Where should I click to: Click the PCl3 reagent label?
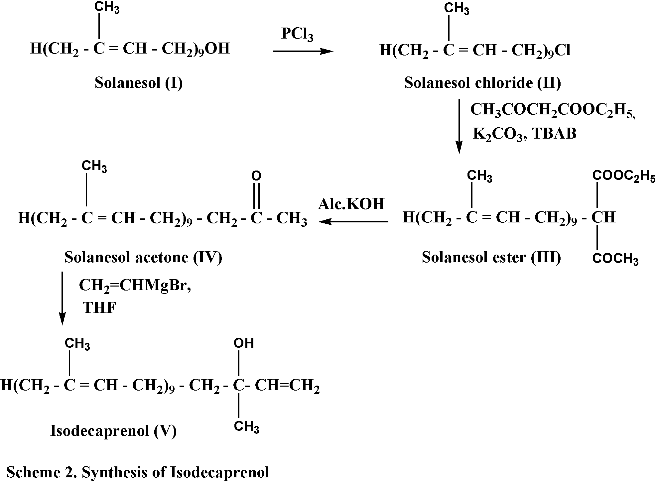tap(297, 35)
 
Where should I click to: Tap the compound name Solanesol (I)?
tap(139, 83)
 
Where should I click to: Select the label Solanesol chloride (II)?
tap(482, 83)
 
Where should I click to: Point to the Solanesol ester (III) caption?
tap(491, 257)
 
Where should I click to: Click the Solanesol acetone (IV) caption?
tap(143, 257)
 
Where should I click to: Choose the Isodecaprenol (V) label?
tap(113, 431)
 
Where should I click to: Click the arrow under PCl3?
tap(303, 51)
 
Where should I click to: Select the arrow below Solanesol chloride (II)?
tap(459, 126)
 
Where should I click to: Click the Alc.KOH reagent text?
tap(351, 204)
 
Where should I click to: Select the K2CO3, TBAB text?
tap(524, 134)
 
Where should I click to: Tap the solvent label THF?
tap(99, 308)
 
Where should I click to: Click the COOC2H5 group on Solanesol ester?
tap(624, 177)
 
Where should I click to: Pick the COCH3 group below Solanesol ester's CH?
tap(615, 259)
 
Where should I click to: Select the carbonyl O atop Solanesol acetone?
tap(256, 176)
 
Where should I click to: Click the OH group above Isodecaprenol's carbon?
tap(244, 343)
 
